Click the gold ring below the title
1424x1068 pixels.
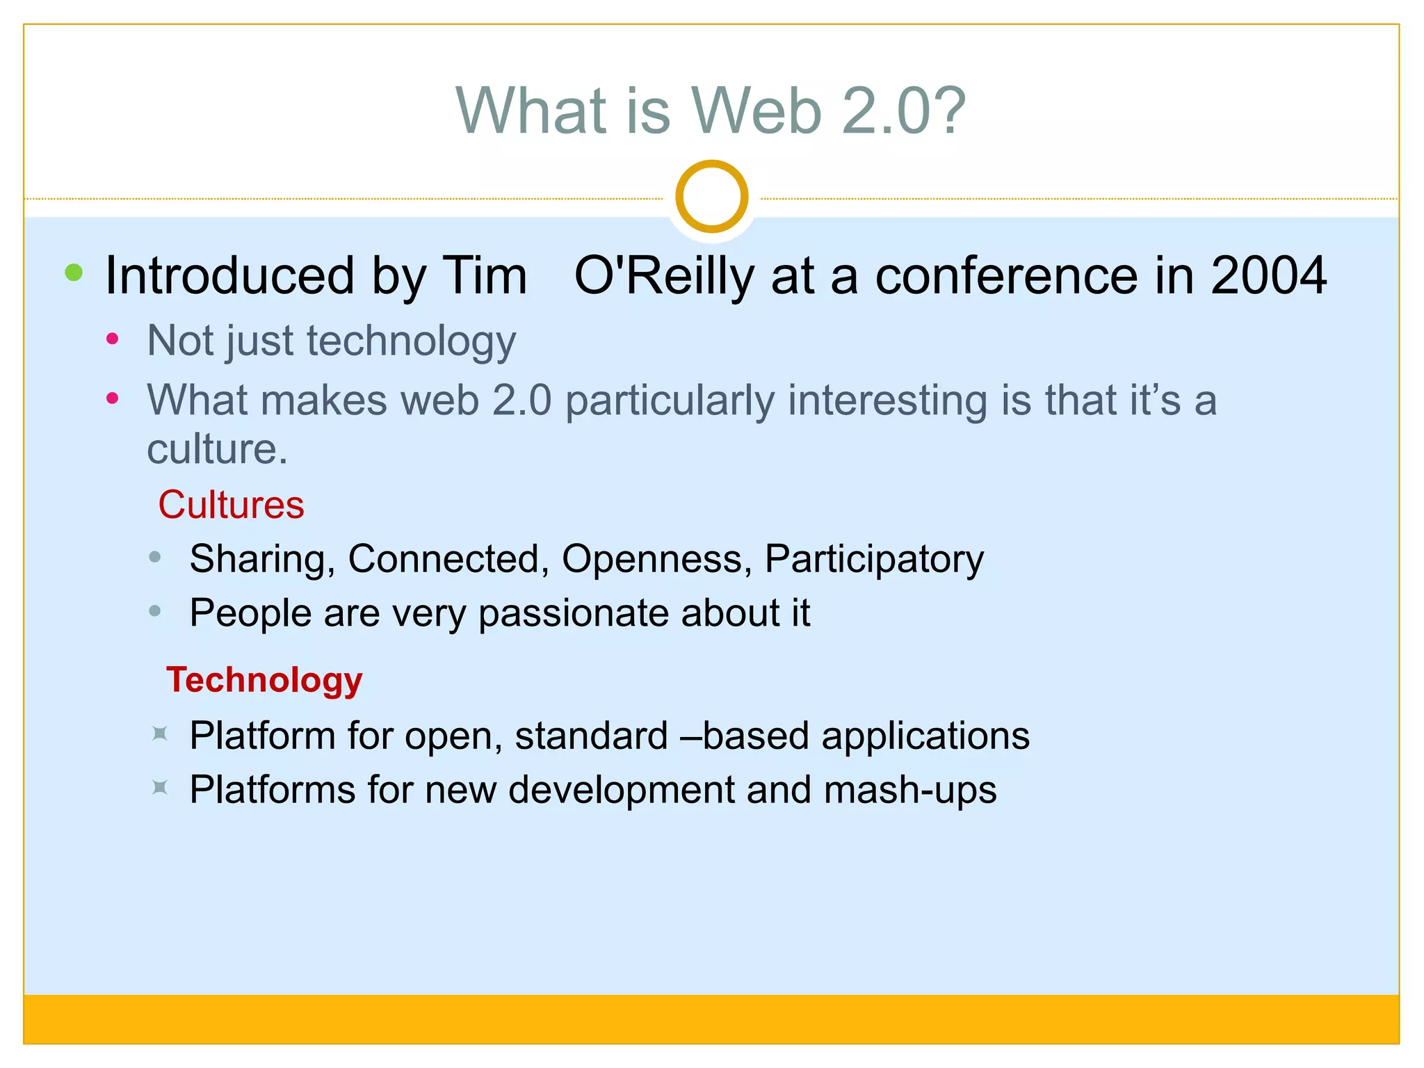coord(711,196)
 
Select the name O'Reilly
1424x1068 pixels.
coord(664,276)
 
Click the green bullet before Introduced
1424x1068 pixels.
coord(74,273)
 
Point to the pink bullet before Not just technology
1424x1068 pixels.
coord(113,339)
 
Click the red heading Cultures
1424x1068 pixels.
coord(231,505)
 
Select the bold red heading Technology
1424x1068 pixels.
coord(264,680)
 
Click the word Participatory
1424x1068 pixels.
coord(874,560)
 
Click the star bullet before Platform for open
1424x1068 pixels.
coord(160,734)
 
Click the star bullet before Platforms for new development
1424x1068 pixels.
coord(160,788)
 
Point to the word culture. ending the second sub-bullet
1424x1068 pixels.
coord(217,450)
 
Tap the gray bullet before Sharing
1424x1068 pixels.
coord(155,557)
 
